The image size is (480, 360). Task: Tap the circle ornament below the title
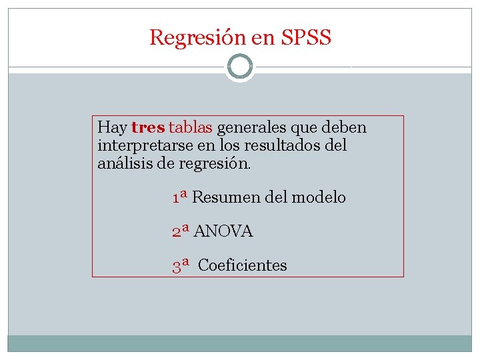point(240,67)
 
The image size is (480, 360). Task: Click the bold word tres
point(148,127)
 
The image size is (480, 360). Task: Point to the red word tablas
point(191,127)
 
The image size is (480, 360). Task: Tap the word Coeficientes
point(243,265)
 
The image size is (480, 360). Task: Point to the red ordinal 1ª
point(179,197)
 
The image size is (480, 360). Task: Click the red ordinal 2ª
point(181,231)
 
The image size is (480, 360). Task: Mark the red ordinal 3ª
point(181,265)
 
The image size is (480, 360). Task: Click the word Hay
point(112,127)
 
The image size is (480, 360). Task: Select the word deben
point(347,127)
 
